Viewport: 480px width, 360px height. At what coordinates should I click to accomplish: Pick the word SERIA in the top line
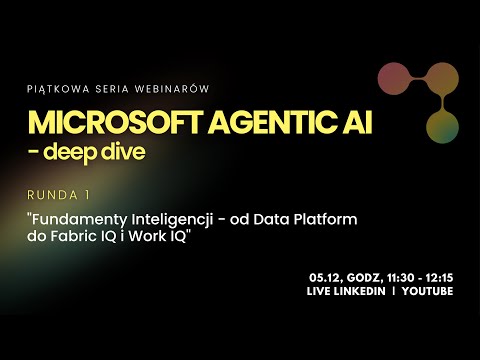point(111,88)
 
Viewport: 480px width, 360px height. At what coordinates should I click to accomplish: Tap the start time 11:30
point(397,276)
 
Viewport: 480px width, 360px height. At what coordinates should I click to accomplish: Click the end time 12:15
point(438,276)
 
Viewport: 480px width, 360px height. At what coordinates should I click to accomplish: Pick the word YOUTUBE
point(426,291)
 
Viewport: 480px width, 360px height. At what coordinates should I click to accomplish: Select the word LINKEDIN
point(365,291)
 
